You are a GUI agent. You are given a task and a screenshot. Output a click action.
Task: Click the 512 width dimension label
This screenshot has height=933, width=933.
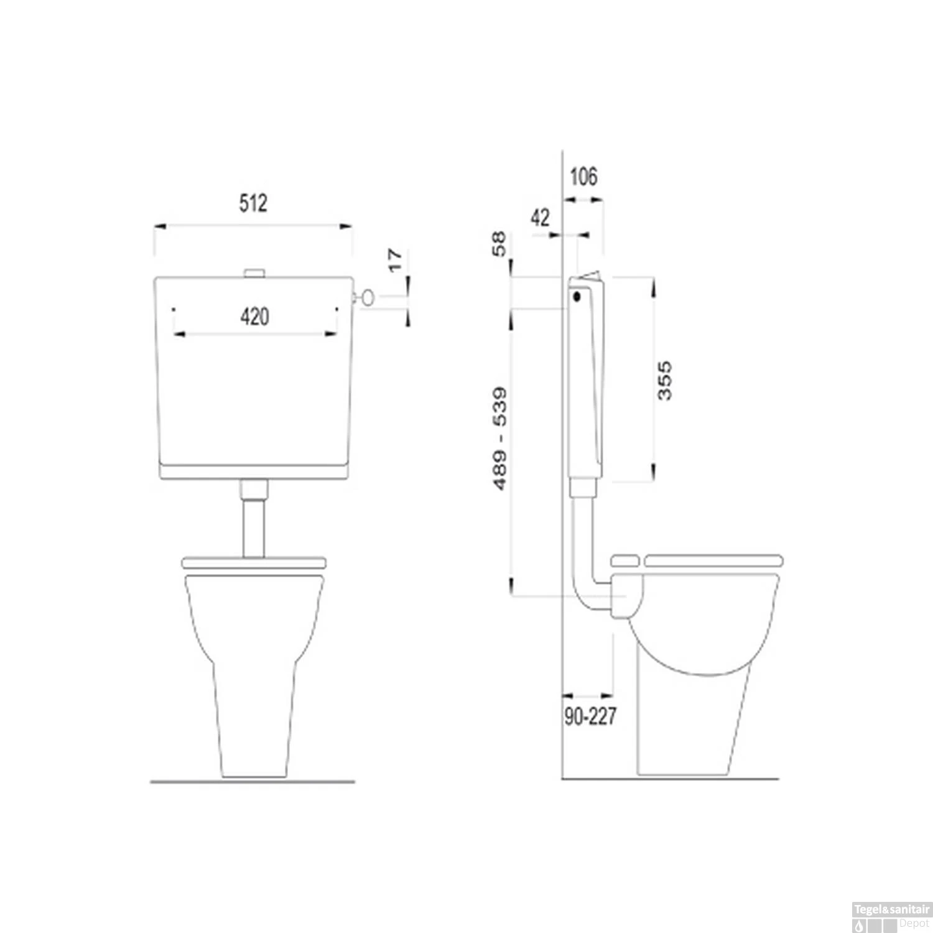point(253,203)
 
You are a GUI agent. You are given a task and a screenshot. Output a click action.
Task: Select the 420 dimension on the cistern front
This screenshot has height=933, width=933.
point(254,317)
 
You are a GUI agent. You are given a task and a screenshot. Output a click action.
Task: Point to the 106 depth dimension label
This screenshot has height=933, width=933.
point(583,177)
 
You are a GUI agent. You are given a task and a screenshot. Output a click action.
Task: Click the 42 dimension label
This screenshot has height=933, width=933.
point(540,218)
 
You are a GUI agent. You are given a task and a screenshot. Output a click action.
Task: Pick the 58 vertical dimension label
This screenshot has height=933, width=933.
point(499,244)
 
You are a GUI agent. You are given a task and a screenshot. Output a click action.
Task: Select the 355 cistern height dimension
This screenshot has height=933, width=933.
point(664,380)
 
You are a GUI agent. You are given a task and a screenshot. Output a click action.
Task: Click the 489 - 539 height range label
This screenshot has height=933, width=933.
point(499,439)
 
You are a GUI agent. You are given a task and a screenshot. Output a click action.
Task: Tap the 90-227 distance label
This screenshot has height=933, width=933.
point(590,717)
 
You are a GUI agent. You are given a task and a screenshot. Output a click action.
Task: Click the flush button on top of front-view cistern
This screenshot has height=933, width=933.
point(254,272)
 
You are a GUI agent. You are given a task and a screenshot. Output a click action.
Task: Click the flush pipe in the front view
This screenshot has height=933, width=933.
point(253,526)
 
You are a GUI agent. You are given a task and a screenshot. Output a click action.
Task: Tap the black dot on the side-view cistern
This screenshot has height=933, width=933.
point(577,297)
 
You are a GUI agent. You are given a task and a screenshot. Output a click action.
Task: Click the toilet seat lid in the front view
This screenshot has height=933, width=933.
point(253,562)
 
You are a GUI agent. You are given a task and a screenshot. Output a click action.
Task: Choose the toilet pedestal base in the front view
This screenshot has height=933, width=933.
point(254,722)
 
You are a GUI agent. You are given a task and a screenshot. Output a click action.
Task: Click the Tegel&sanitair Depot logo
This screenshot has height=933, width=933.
point(891,917)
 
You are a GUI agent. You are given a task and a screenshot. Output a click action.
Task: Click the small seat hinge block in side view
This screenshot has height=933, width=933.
point(624,560)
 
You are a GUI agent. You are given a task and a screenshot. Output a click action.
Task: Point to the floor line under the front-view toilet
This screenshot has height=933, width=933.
point(253,781)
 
